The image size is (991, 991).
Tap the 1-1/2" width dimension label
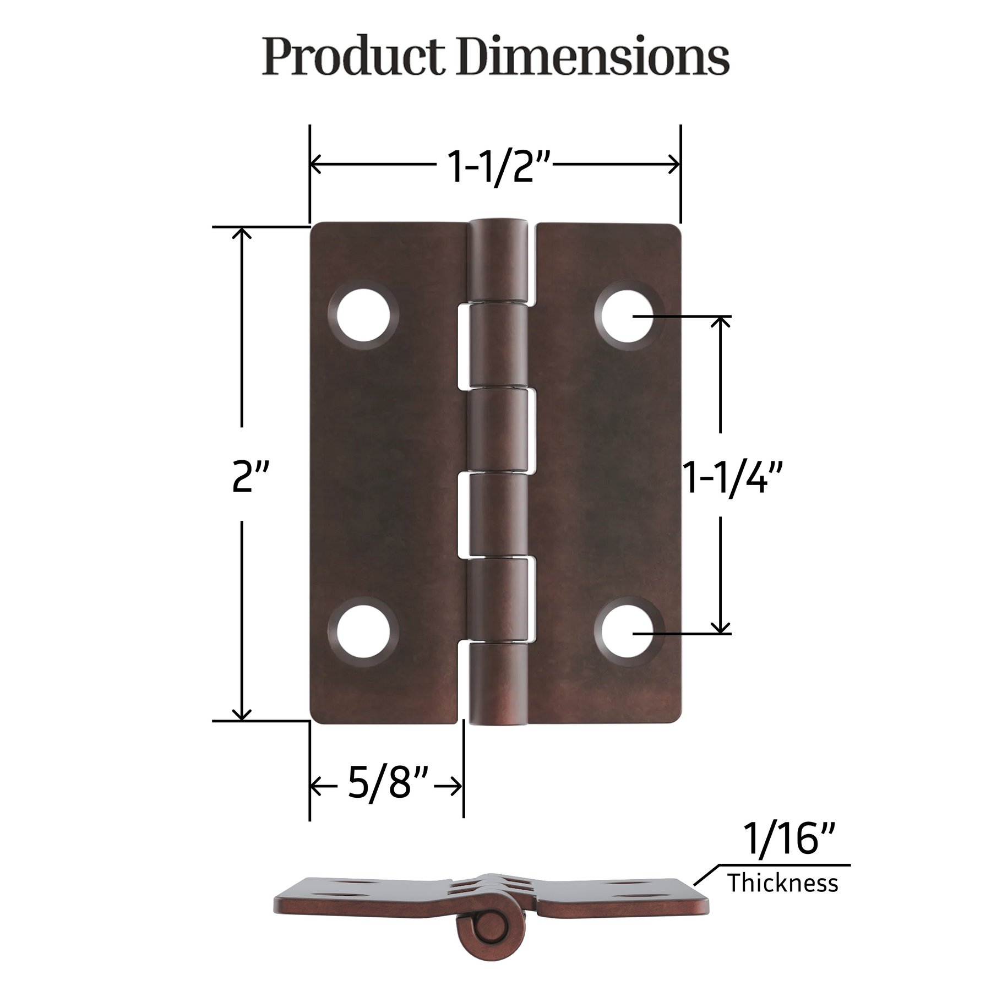point(498,166)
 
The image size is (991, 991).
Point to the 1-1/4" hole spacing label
point(732,478)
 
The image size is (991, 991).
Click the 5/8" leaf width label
point(388,783)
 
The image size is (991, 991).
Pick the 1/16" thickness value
point(789,839)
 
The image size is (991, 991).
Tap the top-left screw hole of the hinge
point(363,317)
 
